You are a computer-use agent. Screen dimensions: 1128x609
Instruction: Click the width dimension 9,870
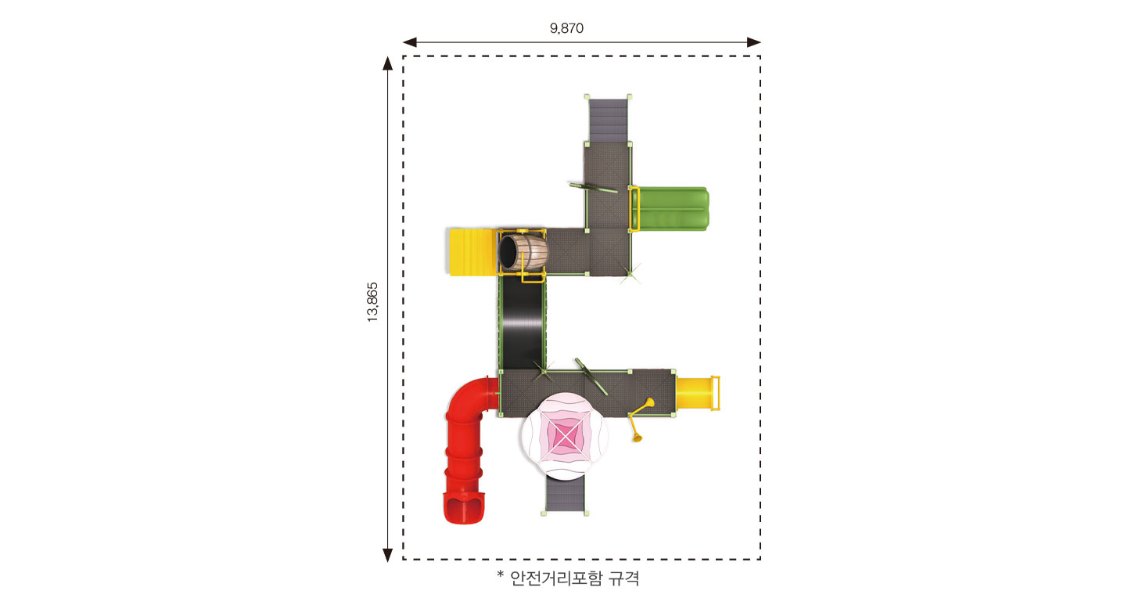[x=566, y=28]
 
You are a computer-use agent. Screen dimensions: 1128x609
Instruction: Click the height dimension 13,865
[x=372, y=302]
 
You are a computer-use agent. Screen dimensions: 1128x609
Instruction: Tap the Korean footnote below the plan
[x=568, y=578]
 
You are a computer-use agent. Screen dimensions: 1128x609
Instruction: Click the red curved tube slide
[x=465, y=443]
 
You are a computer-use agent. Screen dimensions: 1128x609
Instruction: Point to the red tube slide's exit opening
[x=465, y=509]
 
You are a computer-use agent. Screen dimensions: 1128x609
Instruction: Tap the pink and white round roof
[x=565, y=436]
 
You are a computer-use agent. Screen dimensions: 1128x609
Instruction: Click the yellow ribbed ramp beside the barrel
[x=472, y=252]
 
